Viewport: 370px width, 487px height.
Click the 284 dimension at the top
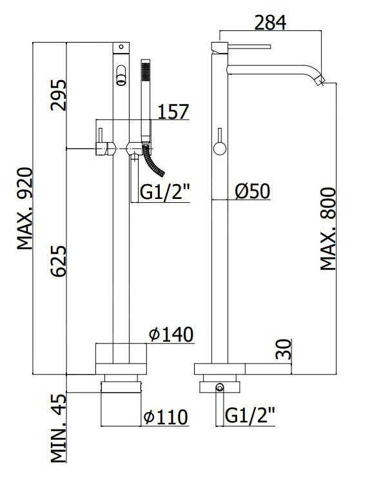pyautogui.click(x=270, y=23)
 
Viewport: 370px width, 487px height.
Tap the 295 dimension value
pyautogui.click(x=59, y=95)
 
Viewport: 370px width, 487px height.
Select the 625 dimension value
pyautogui.click(x=59, y=261)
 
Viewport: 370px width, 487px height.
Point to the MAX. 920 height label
pyautogui.click(x=24, y=209)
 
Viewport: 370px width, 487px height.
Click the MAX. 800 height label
pyautogui.click(x=328, y=229)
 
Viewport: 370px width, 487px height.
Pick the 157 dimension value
pyautogui.click(x=173, y=112)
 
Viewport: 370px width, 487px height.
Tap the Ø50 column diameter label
pyautogui.click(x=252, y=191)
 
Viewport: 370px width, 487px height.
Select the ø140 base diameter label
pyautogui.click(x=171, y=335)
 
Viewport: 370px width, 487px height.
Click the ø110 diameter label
pyautogui.click(x=166, y=417)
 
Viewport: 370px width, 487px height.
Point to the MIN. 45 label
pyautogui.click(x=59, y=428)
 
